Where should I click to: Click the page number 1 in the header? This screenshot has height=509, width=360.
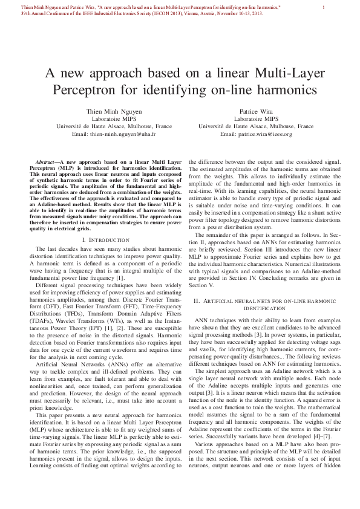324,7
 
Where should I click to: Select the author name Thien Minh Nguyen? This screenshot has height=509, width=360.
105,112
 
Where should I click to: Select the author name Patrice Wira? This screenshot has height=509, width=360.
256,112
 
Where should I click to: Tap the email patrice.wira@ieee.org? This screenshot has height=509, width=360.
256,134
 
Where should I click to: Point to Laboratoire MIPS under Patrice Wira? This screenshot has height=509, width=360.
256,119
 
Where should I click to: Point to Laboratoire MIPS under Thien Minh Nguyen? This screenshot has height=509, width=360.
105,119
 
